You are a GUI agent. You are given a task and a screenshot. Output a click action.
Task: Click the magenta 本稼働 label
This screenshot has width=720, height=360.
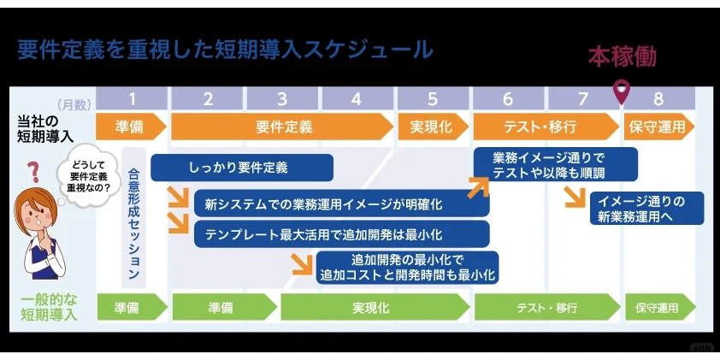click(x=623, y=57)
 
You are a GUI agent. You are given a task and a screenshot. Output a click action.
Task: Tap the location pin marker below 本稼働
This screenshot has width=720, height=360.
click(x=622, y=90)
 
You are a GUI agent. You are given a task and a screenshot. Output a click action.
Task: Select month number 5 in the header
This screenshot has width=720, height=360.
click(x=433, y=97)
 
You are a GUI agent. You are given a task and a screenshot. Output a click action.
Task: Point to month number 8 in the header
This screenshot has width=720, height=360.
click(x=658, y=97)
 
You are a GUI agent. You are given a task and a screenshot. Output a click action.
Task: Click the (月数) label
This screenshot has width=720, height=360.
click(x=74, y=104)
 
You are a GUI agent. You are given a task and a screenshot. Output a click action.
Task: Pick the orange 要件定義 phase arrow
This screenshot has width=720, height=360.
click(x=284, y=127)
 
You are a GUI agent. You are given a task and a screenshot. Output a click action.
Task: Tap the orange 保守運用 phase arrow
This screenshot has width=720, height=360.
click(x=658, y=127)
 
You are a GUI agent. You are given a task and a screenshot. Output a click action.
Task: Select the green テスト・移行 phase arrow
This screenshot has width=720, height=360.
click(x=547, y=307)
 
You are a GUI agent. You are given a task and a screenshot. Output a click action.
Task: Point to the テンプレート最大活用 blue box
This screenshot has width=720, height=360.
click(x=341, y=233)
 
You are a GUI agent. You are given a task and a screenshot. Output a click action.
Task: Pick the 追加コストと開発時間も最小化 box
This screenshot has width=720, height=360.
click(x=407, y=267)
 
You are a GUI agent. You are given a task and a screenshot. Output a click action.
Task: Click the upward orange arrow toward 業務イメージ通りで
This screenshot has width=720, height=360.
click(x=474, y=186)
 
